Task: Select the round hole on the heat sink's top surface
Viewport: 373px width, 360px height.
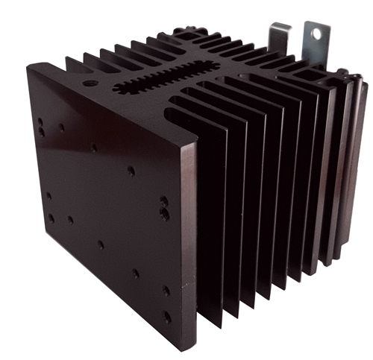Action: coord(90,84)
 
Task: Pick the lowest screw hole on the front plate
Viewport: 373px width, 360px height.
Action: coord(167,317)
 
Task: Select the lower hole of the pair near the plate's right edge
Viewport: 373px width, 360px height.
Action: coord(164,215)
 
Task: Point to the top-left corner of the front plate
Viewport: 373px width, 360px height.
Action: coord(28,65)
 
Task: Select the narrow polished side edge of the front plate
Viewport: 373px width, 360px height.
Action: coord(191,246)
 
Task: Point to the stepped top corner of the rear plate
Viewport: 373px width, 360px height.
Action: coord(345,75)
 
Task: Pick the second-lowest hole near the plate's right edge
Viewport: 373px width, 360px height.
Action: coord(165,290)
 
